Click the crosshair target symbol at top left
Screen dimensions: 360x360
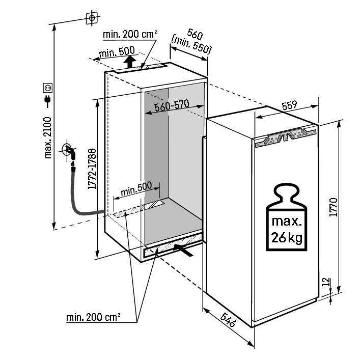pyautogui.click(x=92, y=18)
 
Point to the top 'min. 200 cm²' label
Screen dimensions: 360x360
pyautogui.click(x=129, y=34)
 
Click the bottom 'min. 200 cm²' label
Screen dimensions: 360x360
pyautogui.click(x=93, y=317)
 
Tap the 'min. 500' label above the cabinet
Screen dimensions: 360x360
pyautogui.click(x=117, y=51)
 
